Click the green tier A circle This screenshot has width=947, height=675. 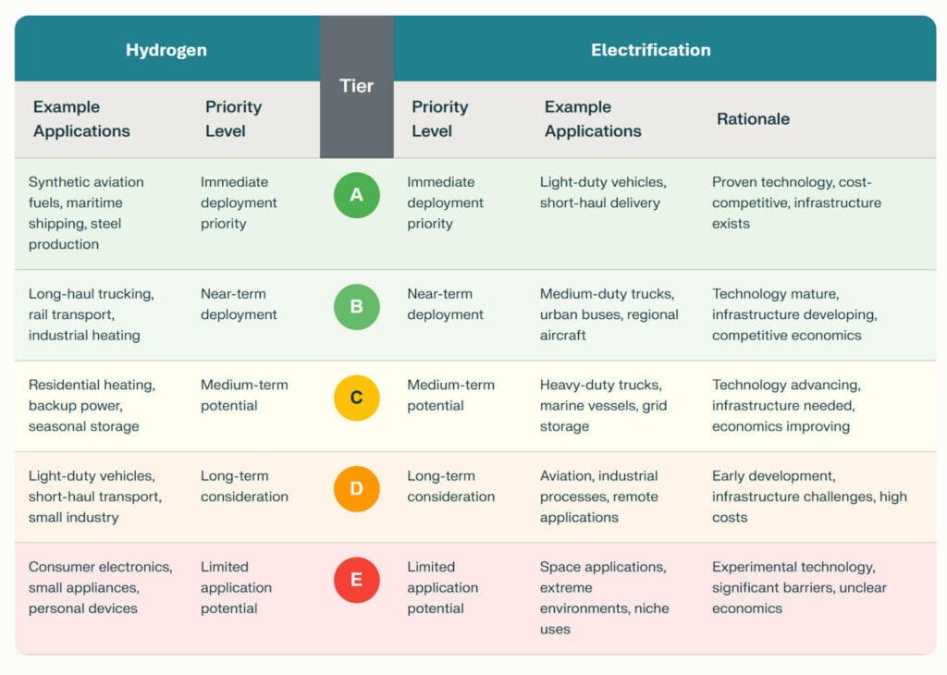click(x=356, y=195)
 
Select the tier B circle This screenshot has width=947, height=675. click(x=356, y=307)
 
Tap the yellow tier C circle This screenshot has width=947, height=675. click(x=356, y=399)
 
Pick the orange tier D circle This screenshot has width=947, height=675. click(x=356, y=489)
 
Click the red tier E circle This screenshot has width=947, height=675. click(x=356, y=581)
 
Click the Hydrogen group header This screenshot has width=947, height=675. click(x=166, y=50)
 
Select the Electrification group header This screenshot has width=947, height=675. click(x=650, y=50)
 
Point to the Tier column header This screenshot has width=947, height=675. click(x=356, y=86)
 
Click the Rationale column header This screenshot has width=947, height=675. click(x=753, y=118)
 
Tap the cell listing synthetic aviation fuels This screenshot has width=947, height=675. click(x=87, y=213)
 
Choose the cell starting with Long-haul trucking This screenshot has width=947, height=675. click(x=91, y=314)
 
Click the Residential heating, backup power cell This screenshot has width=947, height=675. click(x=92, y=405)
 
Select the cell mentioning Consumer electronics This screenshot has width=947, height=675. click(x=100, y=587)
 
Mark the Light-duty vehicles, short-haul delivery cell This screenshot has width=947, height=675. click(x=602, y=192)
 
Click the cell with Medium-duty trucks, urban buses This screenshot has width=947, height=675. click(x=609, y=314)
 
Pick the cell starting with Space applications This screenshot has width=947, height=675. click(x=604, y=597)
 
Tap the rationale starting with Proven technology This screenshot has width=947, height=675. click(x=795, y=202)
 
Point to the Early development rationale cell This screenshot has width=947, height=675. click(x=808, y=497)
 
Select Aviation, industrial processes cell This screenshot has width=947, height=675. click(x=598, y=497)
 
